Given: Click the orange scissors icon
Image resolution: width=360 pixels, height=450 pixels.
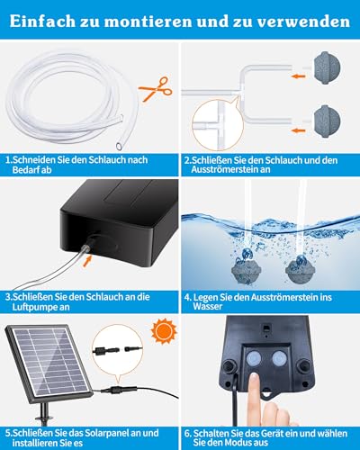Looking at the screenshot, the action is point(156,89).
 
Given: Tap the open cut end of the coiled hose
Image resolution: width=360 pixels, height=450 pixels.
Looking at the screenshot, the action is point(120,147).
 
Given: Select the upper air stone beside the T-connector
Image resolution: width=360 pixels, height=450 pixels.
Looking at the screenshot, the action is point(328,67).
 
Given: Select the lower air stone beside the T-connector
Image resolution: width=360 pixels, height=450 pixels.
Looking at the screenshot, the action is point(328,121).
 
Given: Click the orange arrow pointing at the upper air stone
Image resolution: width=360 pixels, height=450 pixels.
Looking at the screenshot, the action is point(298,76).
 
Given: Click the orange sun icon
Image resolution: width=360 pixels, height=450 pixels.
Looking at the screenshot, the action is point(164,331).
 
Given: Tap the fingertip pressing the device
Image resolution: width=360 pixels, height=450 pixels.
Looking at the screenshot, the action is point(254,379).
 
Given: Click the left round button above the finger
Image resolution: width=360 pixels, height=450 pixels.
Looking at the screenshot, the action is point(254,358).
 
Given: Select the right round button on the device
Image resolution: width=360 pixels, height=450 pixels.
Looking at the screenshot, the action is point(279,358).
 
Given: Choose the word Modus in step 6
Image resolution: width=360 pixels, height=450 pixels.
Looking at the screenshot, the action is point(239,442).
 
